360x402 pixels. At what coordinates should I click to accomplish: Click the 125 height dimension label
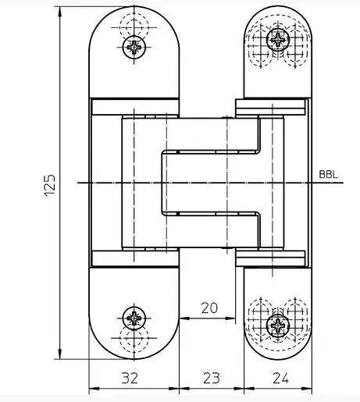pos(50,187)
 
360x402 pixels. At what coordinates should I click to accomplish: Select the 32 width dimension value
pos(130,378)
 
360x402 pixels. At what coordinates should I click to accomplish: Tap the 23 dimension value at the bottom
pos(211,378)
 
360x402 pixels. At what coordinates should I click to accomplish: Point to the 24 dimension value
pos(280,378)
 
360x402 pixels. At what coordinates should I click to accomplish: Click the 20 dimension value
pos(209,308)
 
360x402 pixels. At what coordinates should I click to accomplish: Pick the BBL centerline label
pos(329,174)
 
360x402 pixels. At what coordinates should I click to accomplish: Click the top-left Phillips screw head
pos(134,48)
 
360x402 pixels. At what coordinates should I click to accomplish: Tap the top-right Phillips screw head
pos(278,40)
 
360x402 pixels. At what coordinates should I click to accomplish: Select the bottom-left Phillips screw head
pos(134,318)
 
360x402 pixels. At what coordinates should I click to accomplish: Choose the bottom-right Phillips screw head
pos(278,326)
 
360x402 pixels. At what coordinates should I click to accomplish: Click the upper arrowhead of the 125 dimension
pos(60,12)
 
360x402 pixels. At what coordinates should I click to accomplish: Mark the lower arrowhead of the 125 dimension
pos(60,354)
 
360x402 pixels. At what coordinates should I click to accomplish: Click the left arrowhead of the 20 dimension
pos(184,318)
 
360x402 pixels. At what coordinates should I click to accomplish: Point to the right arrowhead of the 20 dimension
pos(230,318)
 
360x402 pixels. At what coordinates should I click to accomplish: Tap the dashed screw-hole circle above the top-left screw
pos(134,27)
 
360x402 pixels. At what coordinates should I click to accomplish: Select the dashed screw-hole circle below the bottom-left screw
pos(134,338)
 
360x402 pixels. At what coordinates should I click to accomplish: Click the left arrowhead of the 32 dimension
pos(94,389)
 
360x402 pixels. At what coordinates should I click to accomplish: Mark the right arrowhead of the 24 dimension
pos(306,389)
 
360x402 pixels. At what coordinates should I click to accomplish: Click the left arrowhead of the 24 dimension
pos(249,389)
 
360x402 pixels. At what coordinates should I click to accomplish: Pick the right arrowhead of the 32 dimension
pos(174,389)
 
